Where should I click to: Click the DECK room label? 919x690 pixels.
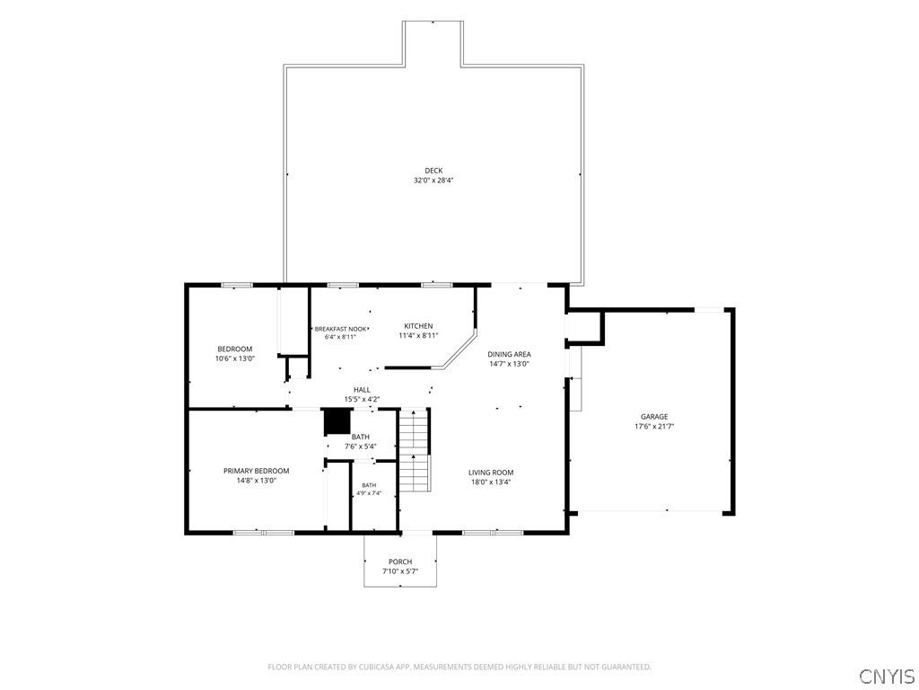pos(433,171)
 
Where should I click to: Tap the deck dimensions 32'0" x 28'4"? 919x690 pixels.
pos(433,181)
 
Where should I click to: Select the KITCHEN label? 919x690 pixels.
pos(418,326)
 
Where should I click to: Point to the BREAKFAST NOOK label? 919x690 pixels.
pos(340,329)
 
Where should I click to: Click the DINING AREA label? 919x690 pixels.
pos(510,354)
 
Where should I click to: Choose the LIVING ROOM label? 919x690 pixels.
pos(491,473)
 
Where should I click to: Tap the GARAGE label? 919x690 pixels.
pos(654,417)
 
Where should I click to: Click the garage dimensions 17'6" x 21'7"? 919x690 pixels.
pos(654,427)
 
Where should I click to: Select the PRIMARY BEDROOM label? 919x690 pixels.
pos(256,471)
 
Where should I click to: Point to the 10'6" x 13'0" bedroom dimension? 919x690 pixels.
pos(235,358)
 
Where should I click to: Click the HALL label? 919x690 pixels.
pos(362,390)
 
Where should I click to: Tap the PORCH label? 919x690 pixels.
pos(400,562)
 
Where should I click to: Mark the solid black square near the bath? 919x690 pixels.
pos(337,422)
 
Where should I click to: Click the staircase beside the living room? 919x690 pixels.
pos(415,451)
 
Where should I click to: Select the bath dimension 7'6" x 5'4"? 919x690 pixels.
pos(361,447)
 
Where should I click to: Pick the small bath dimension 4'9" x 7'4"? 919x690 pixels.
pos(369,493)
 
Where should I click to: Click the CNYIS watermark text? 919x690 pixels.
pos(888,676)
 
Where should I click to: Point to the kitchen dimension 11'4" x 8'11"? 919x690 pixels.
pos(418,336)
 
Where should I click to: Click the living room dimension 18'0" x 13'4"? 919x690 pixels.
pos(491,482)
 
